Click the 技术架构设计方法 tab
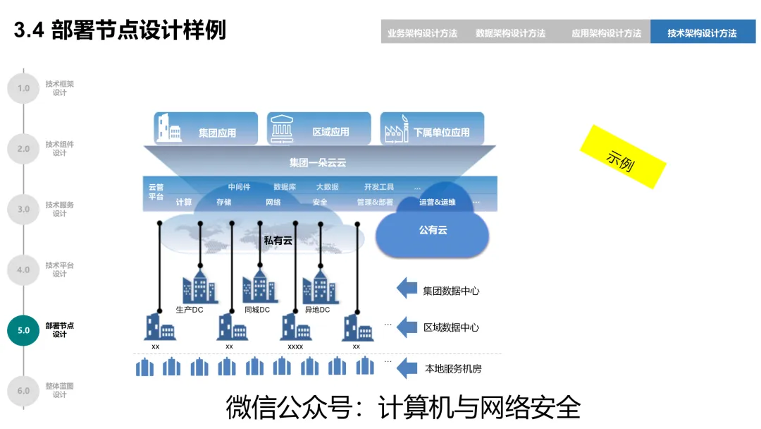pos(702,32)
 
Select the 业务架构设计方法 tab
pos(422,32)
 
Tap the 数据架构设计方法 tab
pos(511,32)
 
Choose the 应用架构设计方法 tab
pos(606,32)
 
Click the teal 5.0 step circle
pos(23,330)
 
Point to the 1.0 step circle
pos(23,88)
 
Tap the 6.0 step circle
pos(23,390)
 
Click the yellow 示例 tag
pos(622,157)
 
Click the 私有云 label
pos(278,241)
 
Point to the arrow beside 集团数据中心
pos(407,289)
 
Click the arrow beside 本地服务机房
pos(407,368)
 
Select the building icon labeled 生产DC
pos(199,286)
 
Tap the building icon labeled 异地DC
pos(320,286)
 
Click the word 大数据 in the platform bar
pos(327,187)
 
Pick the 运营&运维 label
pos(437,203)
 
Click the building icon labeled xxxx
pos(296,327)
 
